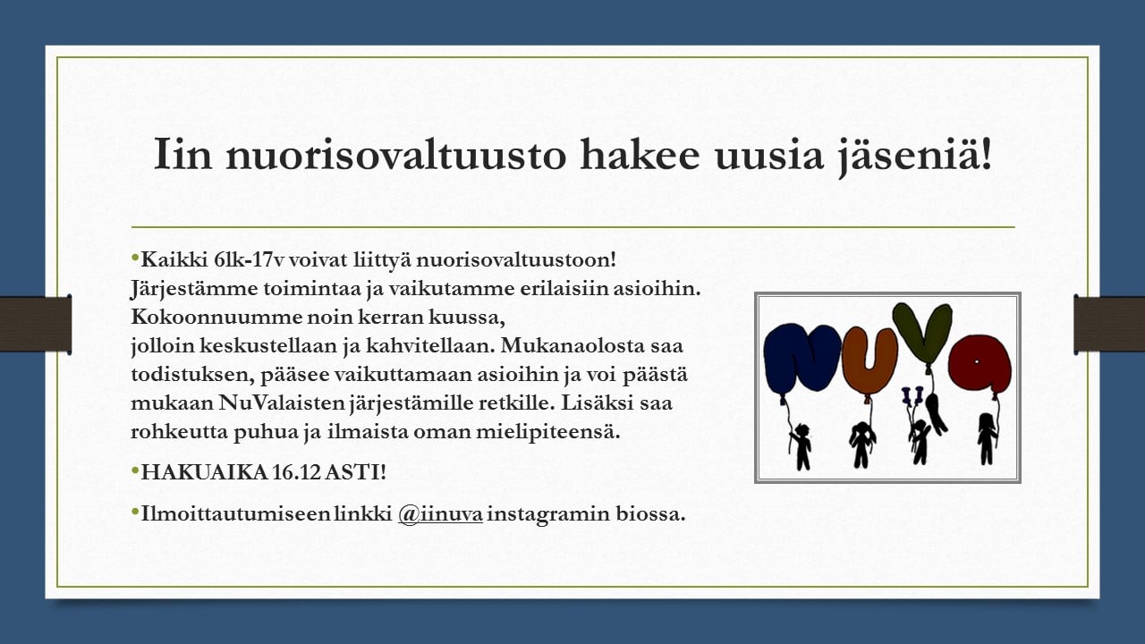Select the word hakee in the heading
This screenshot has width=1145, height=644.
640,152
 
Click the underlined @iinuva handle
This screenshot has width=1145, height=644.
440,513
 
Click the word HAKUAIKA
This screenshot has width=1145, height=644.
205,471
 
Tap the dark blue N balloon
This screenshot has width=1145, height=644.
801,359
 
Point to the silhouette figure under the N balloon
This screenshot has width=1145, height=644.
801,446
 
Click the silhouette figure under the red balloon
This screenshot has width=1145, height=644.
987,438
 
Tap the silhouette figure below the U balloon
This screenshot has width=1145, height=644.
861,445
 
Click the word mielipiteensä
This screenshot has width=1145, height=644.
548,432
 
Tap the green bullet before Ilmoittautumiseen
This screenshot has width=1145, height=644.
135,511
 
